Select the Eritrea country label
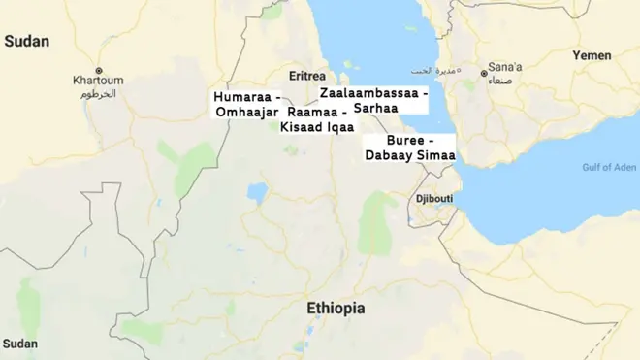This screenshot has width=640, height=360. (x=308, y=76)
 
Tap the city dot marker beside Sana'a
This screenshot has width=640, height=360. (x=485, y=72)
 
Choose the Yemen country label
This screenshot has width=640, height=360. (x=592, y=55)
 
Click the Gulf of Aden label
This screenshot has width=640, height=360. (x=608, y=167)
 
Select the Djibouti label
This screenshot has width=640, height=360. (x=433, y=199)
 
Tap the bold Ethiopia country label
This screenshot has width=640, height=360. (x=336, y=309)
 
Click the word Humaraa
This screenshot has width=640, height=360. (x=242, y=98)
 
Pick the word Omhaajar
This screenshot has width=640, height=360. (x=246, y=113)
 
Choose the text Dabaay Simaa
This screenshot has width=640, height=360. (x=409, y=155)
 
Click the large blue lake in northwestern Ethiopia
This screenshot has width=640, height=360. (x=257, y=191)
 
